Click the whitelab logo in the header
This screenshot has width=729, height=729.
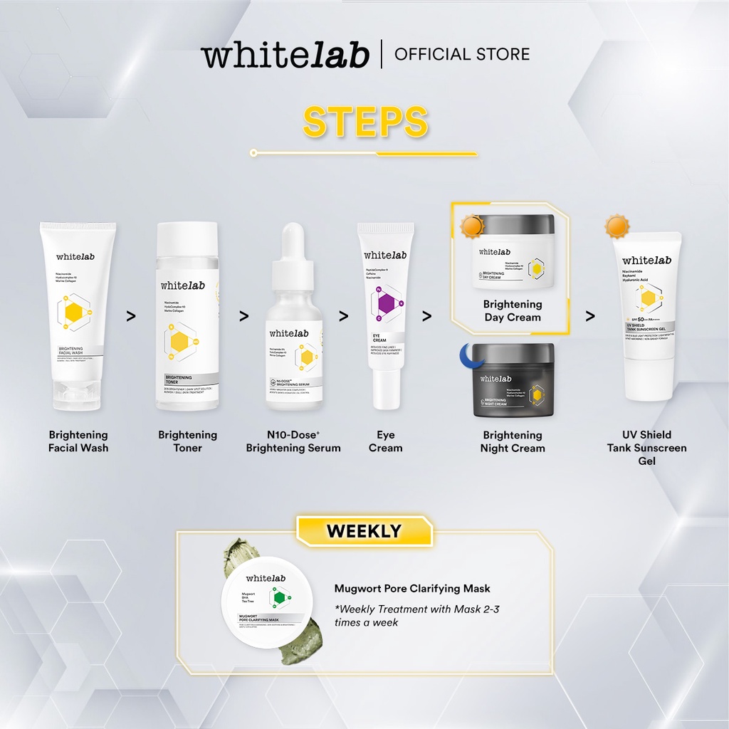tap(285, 55)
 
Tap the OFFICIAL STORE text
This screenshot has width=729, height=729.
tap(462, 54)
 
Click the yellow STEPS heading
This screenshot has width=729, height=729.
tap(365, 122)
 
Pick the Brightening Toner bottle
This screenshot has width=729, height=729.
tap(187, 316)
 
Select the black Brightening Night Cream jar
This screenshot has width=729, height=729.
tap(513, 380)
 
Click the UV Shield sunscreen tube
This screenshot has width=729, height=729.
tap(647, 317)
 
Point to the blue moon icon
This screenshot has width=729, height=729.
tap(466, 355)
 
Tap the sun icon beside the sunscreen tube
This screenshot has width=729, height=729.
tap(617, 226)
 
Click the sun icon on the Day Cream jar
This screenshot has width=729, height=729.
tap(471, 226)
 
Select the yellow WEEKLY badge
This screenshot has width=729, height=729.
tap(364, 531)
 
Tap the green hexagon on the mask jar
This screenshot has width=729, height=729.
tap(280, 597)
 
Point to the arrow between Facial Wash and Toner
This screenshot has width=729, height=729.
tap(131, 316)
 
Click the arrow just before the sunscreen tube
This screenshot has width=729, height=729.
tap(590, 316)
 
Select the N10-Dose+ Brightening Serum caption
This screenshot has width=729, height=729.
tap(293, 441)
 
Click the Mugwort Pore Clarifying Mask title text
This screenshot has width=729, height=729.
tap(412, 589)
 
